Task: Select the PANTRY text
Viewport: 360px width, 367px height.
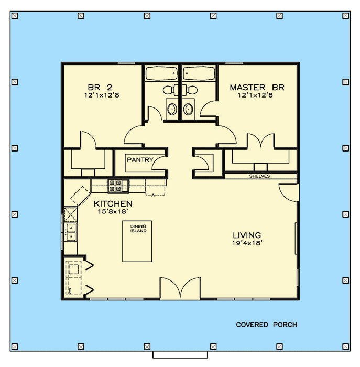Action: click(x=139, y=160)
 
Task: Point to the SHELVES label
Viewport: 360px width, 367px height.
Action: click(x=259, y=176)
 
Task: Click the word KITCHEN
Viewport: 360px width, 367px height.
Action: click(x=113, y=203)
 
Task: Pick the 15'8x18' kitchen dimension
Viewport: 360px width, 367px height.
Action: click(x=113, y=211)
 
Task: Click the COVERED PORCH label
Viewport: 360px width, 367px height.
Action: click(x=266, y=325)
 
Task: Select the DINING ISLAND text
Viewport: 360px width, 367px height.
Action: click(x=138, y=229)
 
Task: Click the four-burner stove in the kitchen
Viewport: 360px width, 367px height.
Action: click(x=116, y=185)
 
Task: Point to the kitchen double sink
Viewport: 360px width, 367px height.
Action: click(x=70, y=232)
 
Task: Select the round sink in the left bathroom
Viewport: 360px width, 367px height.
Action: click(x=171, y=109)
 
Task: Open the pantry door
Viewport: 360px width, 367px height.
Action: click(x=158, y=164)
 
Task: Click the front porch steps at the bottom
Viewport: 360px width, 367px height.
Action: click(x=180, y=354)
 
